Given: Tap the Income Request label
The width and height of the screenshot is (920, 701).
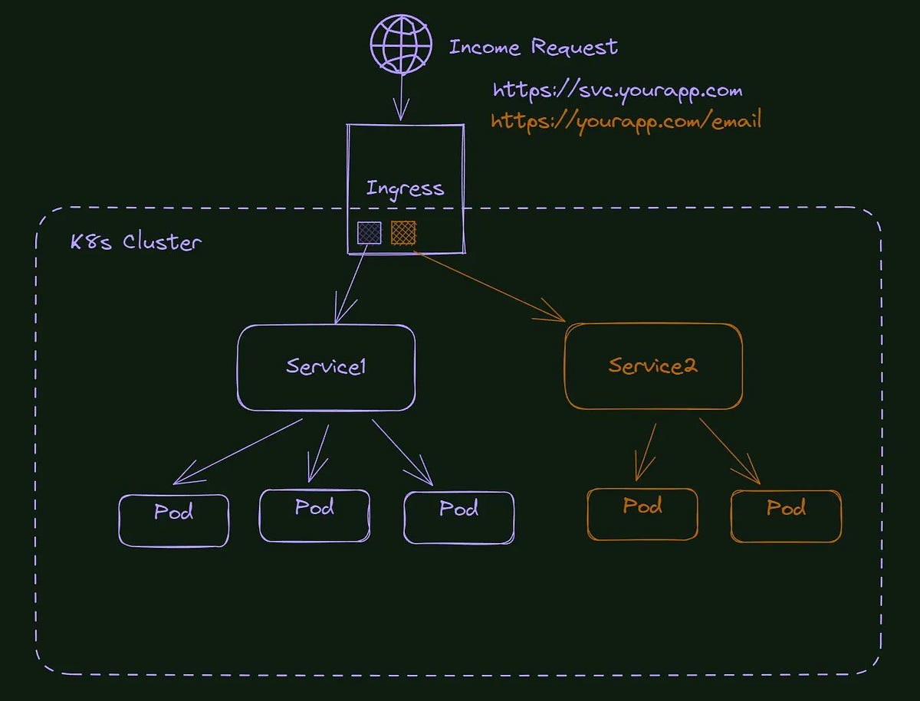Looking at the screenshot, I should [533, 47].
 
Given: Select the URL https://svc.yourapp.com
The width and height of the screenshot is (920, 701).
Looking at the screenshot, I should [617, 91].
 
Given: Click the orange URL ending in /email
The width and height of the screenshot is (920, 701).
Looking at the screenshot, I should [626, 122].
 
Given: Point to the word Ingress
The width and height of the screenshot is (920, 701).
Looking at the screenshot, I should [405, 188].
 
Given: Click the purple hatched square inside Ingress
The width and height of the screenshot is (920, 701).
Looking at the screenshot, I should [369, 233].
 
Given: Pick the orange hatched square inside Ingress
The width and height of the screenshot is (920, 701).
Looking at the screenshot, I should [403, 233].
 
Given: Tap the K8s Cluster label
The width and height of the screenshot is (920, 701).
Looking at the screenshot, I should [136, 242].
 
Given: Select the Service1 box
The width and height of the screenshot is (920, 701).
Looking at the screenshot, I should [327, 367].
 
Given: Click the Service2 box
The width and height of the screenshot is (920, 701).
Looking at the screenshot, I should [653, 367].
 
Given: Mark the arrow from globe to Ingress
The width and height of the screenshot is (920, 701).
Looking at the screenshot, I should [400, 96].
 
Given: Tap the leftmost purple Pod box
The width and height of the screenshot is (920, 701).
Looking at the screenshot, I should [174, 519].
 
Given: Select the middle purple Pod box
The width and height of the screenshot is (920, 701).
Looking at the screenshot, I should [314, 515].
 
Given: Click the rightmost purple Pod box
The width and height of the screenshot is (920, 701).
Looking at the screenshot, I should [458, 517].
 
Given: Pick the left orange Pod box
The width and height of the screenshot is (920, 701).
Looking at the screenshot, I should [642, 514].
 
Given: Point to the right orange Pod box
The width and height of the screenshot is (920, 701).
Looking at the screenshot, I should [787, 516].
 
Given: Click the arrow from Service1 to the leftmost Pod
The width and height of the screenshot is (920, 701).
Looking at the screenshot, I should [238, 451].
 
